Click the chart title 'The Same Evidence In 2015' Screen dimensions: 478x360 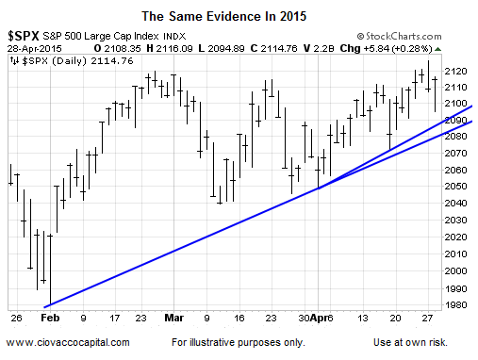223,16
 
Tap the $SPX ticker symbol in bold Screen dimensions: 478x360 24,36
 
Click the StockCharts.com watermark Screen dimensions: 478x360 399,37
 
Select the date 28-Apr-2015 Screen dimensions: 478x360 35,49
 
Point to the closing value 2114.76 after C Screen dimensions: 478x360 279,48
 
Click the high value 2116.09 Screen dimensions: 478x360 174,48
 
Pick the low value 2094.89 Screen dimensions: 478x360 225,48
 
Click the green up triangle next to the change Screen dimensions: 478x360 437,49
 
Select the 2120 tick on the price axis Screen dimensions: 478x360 455,72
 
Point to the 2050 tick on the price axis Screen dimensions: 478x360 455,186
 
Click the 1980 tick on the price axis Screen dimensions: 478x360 455,304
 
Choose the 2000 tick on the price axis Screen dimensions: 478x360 455,270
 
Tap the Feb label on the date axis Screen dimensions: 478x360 50,318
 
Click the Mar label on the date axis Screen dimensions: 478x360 173,318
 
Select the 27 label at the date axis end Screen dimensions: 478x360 427,319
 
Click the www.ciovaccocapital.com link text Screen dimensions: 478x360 68,342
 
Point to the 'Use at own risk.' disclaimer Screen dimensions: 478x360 410,342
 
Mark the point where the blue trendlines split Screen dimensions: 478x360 319,188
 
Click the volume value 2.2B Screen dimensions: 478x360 322,48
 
